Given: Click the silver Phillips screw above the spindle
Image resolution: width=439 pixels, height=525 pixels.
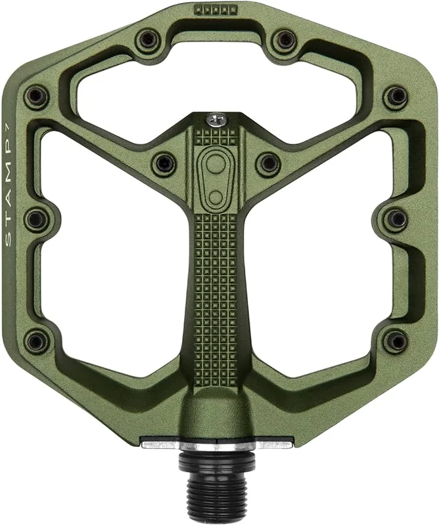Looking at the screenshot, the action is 215,120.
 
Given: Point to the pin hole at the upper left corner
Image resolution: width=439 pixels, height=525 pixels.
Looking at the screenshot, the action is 36,96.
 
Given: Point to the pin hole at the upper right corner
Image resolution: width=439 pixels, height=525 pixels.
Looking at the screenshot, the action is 396,96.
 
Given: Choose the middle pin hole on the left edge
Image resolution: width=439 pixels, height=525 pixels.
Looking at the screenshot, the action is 36,219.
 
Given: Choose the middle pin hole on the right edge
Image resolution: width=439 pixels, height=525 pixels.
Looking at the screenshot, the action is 397,219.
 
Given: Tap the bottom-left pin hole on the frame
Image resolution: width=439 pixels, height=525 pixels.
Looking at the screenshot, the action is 36,341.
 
